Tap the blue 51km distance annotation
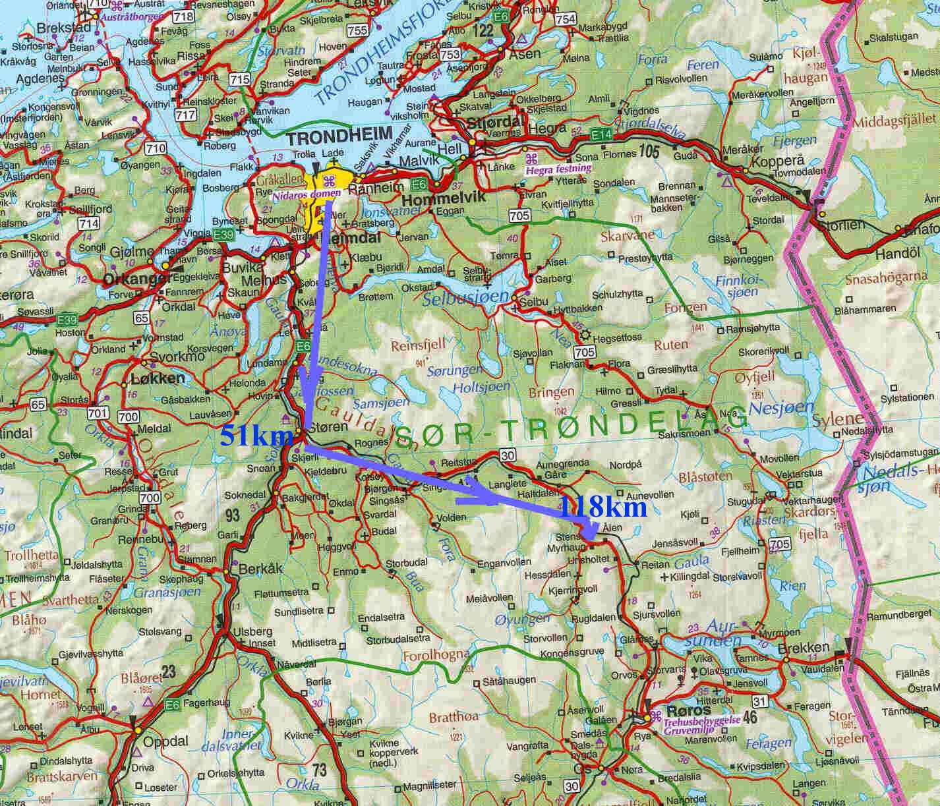click(247, 436)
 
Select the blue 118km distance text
click(602, 507)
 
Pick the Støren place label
click(328, 427)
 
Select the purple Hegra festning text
click(558, 169)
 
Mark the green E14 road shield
click(601, 134)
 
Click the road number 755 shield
click(358, 30)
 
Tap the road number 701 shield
click(98, 414)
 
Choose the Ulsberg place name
click(253, 631)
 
